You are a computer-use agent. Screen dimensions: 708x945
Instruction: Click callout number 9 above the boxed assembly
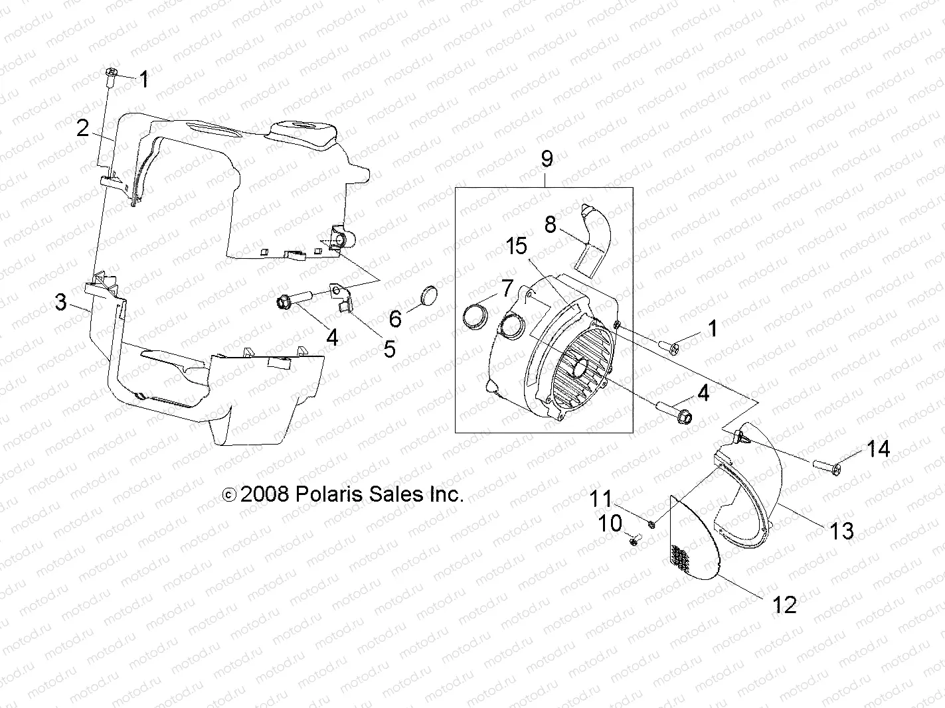[x=546, y=159]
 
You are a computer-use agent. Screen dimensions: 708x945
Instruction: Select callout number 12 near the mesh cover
[x=784, y=604]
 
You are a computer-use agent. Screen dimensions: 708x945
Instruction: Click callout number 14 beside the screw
[x=877, y=449]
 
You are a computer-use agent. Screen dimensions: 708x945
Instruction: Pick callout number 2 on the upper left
[x=82, y=128]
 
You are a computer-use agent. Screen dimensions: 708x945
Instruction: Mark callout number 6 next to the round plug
[x=395, y=319]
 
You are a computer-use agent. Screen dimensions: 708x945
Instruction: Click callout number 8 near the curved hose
[x=550, y=225]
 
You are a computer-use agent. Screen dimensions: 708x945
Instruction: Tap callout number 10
[x=610, y=523]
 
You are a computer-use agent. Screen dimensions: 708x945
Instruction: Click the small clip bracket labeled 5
[x=343, y=305]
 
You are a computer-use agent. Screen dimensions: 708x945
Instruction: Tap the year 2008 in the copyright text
[x=264, y=494]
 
